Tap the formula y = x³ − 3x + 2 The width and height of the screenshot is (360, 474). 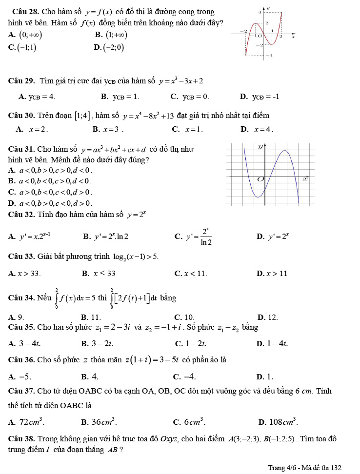pos(181,80)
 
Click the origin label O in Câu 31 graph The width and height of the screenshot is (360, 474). pos(260,179)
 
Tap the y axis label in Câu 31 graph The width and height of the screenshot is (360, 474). pos(260,146)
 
